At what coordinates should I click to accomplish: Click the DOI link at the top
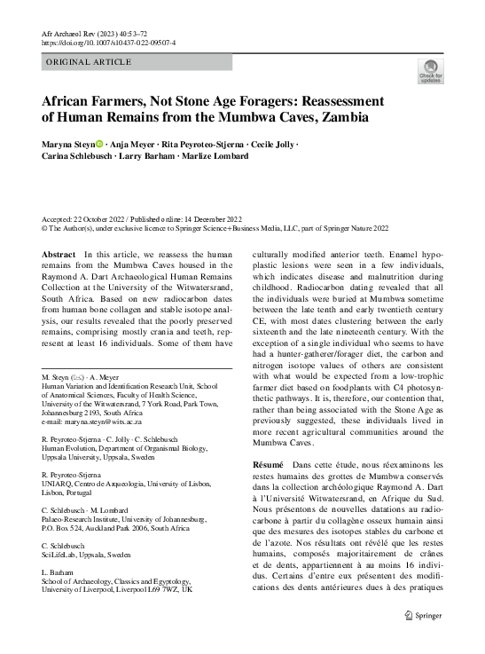pyautogui.click(x=104, y=42)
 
